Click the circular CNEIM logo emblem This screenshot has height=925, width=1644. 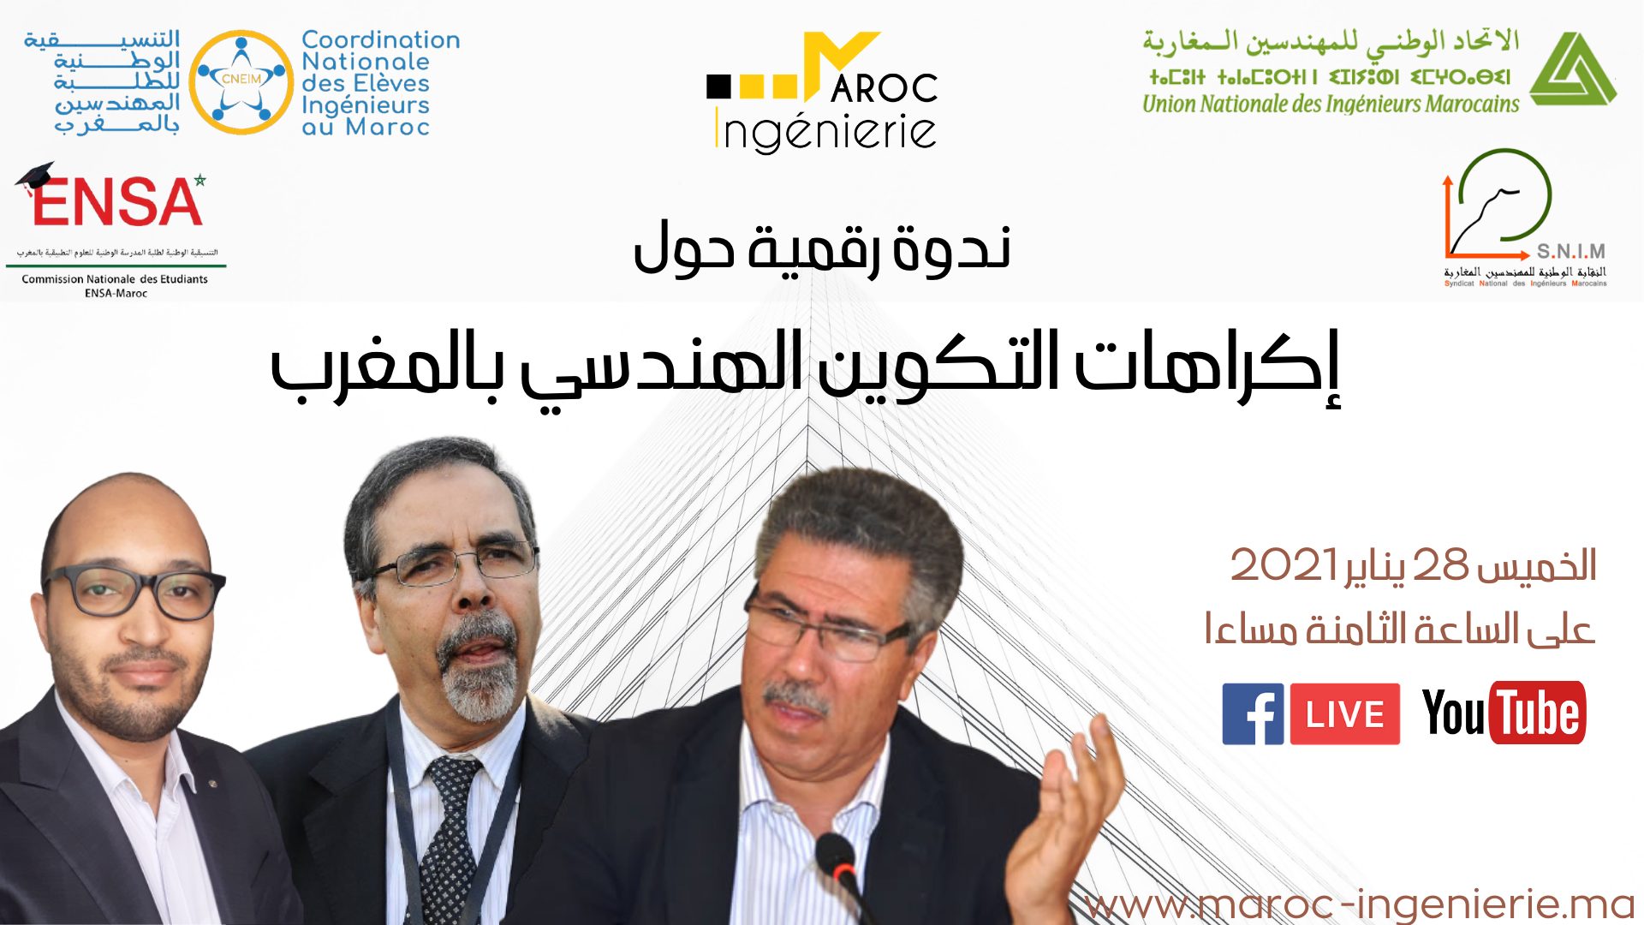[x=241, y=81]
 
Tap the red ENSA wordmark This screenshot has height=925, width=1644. [x=118, y=202]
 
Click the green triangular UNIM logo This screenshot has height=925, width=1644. [x=1572, y=70]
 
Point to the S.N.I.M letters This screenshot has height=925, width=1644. [x=1570, y=251]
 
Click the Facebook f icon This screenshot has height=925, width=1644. [x=1253, y=713]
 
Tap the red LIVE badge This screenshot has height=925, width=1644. [x=1344, y=713]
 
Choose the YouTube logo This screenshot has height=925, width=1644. [x=1504, y=713]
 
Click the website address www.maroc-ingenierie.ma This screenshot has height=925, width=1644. [x=1359, y=904]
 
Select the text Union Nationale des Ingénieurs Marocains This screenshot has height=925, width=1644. [x=1330, y=104]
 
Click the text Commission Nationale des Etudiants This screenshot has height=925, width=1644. [x=115, y=279]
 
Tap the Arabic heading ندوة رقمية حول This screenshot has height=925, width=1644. [x=822, y=248]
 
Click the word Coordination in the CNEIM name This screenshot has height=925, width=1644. [x=381, y=40]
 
